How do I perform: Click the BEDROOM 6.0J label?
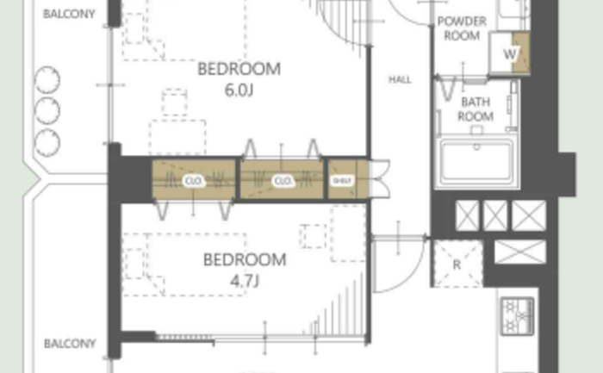[x=239, y=79]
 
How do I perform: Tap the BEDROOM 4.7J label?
[x=245, y=270]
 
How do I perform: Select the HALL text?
[x=400, y=79]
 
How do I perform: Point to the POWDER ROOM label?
[x=462, y=28]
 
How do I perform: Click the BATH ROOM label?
[x=476, y=109]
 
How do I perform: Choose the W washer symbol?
[x=510, y=53]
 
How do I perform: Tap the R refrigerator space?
[x=457, y=264]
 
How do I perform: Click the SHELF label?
[x=342, y=180]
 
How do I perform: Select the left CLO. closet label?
[x=194, y=180]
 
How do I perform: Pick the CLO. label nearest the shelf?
[x=283, y=180]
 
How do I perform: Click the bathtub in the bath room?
[x=477, y=162]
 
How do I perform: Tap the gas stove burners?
[x=518, y=316]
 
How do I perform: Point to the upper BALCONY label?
[x=69, y=14]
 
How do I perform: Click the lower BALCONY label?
[x=70, y=344]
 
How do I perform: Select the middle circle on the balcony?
[x=47, y=111]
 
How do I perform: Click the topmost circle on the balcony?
[x=47, y=80]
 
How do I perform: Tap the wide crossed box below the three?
[x=520, y=252]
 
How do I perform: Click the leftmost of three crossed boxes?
[x=467, y=215]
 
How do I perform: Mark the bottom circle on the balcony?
[x=47, y=143]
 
